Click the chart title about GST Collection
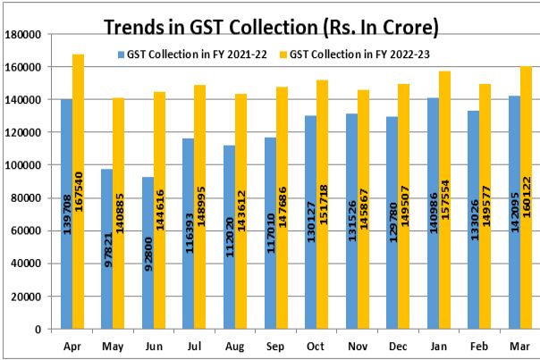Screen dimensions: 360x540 (x=271, y=28)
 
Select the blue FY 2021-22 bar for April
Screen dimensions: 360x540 (x=66, y=213)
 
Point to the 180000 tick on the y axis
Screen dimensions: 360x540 (x=25, y=34)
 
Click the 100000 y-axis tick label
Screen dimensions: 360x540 (x=25, y=165)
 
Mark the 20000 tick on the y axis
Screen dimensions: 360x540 (x=28, y=297)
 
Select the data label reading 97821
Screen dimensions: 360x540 (x=107, y=246)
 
